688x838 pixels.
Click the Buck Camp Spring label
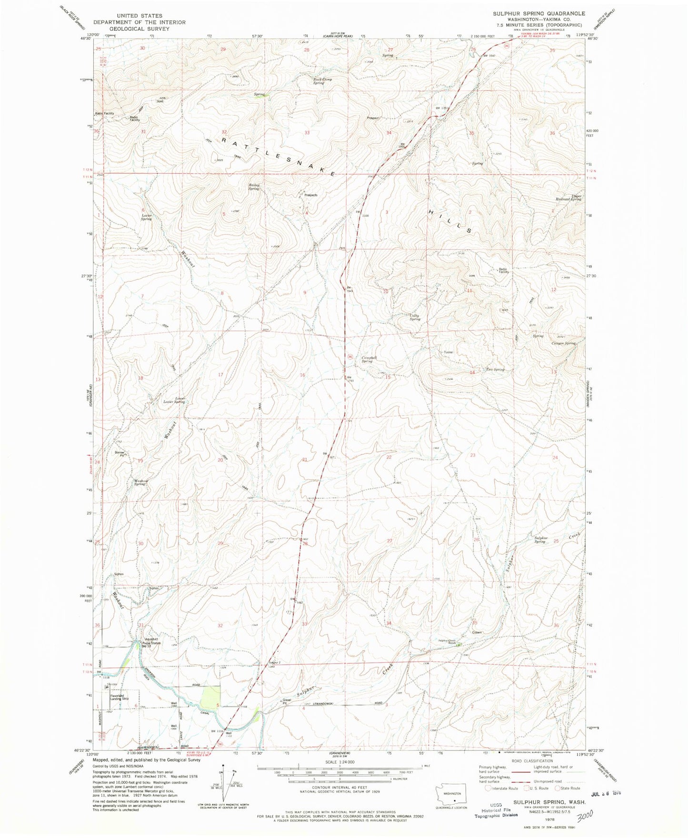pyautogui.click(x=322, y=81)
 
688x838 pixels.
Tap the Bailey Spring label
pyautogui.click(x=254, y=187)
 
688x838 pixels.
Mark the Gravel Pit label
pyautogui.click(x=287, y=702)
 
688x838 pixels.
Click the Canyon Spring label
pyautogui.click(x=563, y=343)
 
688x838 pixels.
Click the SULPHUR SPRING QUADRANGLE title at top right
pyautogui.click(x=539, y=13)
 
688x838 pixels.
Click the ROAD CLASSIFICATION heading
pyautogui.click(x=532, y=774)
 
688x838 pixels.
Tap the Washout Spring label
pyautogui.click(x=141, y=482)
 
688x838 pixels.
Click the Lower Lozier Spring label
pyautogui.click(x=174, y=400)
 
